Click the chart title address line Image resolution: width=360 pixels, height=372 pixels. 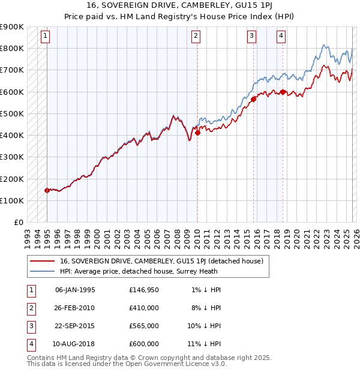[180, 5]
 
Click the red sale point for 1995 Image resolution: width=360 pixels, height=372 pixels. [47, 190]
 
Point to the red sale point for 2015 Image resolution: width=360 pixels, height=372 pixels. [253, 100]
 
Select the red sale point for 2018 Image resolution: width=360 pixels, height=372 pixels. [283, 92]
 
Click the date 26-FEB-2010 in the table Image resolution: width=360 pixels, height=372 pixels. [74, 308]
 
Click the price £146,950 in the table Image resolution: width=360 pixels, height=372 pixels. [143, 290]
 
